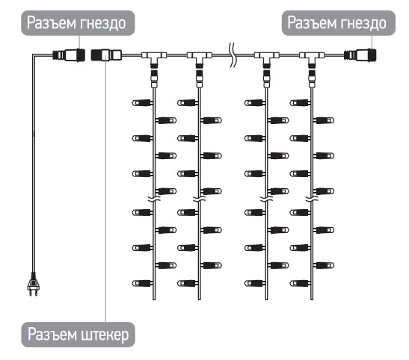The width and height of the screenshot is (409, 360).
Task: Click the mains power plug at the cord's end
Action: tap(34, 285)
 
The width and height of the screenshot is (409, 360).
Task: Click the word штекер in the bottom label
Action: tap(105, 335)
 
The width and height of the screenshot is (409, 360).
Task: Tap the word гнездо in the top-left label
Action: tap(102, 23)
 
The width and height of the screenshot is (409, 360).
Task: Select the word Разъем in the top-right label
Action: tap(310, 22)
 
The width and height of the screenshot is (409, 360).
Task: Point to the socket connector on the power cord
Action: tap(69, 55)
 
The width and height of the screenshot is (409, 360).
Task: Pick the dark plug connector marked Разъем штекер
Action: tap(106, 55)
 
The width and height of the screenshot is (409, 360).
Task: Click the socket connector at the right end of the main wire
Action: tap(360, 55)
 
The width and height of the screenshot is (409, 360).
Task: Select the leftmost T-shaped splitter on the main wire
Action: tap(154, 58)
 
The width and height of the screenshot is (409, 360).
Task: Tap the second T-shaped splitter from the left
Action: tap(200, 58)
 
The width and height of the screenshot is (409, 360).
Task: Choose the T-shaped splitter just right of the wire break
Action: tap(267, 58)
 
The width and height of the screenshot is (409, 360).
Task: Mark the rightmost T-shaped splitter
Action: tap(312, 58)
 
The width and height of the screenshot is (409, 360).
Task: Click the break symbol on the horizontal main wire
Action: tap(233, 55)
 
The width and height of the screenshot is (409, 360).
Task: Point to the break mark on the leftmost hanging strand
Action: tap(154, 199)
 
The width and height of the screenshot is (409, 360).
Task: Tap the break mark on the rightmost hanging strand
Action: tap(312, 199)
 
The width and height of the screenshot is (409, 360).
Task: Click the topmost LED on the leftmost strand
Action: tap(142, 102)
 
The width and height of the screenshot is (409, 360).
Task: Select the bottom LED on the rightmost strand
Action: tap(301, 283)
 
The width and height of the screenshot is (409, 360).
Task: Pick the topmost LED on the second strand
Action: tap(188, 102)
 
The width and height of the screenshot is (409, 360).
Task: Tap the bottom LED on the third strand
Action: tap(255, 283)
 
